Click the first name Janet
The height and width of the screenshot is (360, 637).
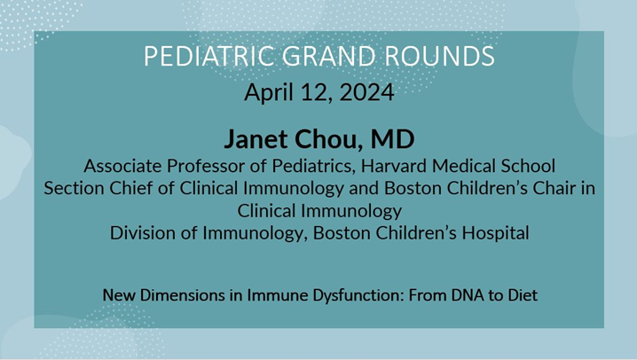tap(258, 140)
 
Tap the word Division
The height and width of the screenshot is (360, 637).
tap(142, 234)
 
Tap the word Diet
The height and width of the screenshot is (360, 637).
tap(519, 294)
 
